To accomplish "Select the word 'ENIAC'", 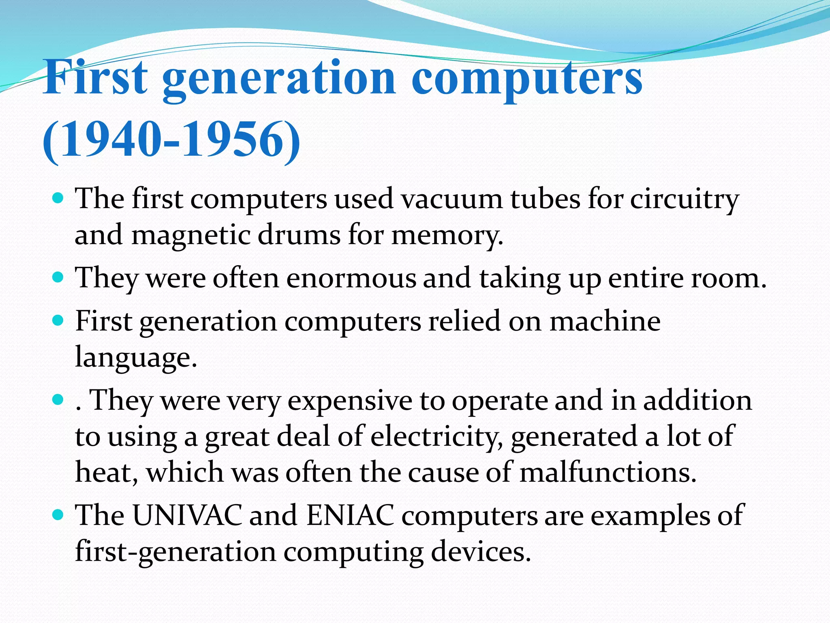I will tap(350, 516).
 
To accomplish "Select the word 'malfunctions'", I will tap(608, 473).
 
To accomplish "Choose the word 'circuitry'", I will tap(685, 200).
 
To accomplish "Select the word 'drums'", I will tap(299, 236).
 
